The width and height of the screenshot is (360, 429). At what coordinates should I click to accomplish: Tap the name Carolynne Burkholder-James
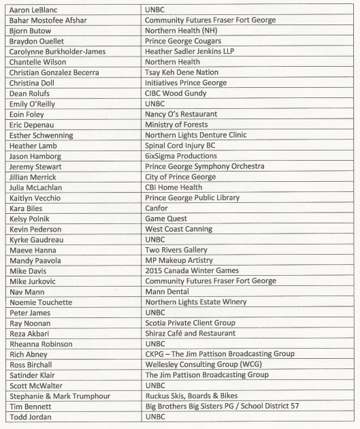point(58,52)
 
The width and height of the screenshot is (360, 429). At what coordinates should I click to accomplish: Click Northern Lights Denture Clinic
point(196,136)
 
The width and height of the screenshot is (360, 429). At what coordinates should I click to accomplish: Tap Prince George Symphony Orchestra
point(205,166)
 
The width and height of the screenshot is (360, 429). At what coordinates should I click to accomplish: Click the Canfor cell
point(157,208)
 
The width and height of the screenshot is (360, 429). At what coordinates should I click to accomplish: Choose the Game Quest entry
point(166,219)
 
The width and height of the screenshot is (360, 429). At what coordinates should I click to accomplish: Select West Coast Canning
point(179,229)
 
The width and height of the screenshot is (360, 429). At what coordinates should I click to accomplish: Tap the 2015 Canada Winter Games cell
point(192,270)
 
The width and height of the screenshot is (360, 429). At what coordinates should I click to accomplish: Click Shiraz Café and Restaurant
point(191,333)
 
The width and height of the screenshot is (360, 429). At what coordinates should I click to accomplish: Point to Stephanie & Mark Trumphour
point(59,396)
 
